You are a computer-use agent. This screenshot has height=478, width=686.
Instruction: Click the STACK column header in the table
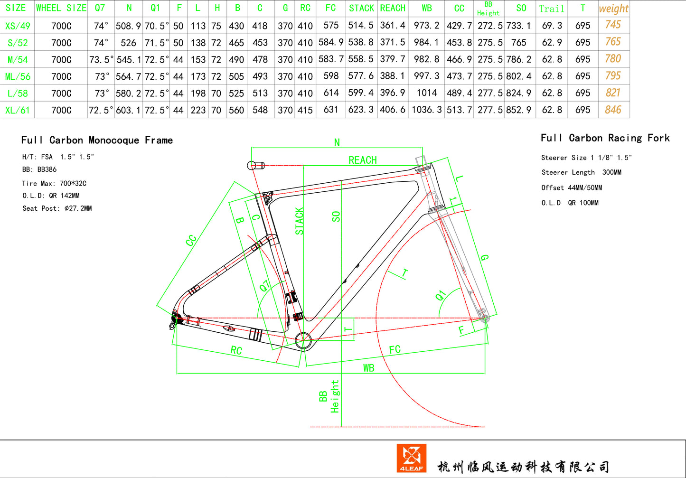361,8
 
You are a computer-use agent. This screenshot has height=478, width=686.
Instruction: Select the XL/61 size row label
18,110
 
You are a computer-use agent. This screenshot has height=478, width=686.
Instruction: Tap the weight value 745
613,25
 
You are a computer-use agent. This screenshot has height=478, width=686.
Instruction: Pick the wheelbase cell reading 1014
427,93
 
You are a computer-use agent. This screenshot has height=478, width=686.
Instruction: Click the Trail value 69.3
552,26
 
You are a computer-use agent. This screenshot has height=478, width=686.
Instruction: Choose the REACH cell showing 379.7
393,59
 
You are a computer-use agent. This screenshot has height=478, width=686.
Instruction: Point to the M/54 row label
18,59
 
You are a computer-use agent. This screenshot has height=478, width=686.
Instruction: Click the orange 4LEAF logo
411,458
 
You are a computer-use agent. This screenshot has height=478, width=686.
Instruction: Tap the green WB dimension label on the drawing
369,368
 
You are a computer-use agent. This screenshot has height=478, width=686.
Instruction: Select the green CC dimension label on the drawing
191,240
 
